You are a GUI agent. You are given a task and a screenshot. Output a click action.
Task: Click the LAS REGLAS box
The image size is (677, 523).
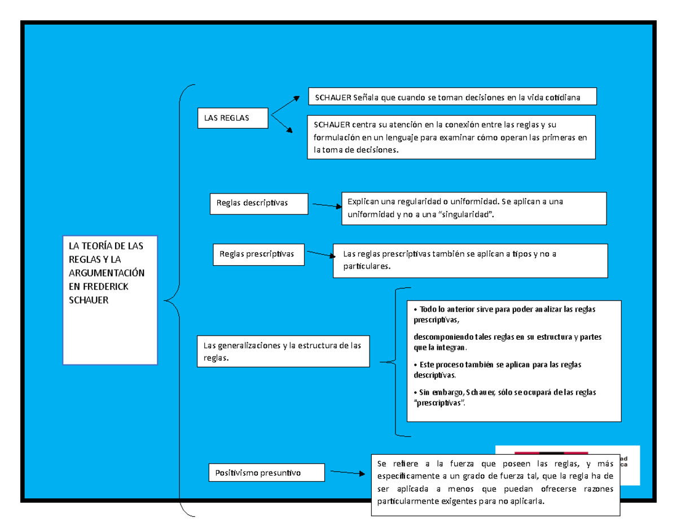[x=232, y=118]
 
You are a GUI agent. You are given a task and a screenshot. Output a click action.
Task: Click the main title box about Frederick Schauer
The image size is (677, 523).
[x=110, y=300]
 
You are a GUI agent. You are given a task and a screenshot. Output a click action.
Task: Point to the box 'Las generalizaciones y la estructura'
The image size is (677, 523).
[x=283, y=351]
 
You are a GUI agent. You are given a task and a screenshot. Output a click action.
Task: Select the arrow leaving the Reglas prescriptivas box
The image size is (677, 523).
[x=318, y=256]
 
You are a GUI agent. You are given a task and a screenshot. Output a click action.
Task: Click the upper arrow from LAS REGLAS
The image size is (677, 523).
[x=285, y=106]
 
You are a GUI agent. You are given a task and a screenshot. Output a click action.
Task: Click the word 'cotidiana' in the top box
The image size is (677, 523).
[x=560, y=98]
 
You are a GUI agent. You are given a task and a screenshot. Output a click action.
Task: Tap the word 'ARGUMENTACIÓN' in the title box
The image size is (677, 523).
[x=107, y=273]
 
